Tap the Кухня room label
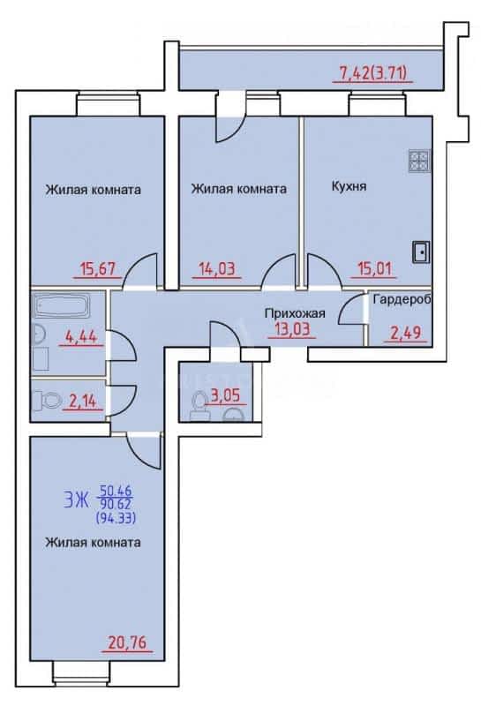point(349,186)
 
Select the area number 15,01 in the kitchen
point(374,269)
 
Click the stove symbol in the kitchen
point(419,161)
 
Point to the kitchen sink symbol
point(421,252)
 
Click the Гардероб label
point(402,299)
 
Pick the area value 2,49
point(404,333)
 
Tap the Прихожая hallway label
point(295,313)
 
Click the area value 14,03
point(217,269)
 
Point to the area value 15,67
point(97,269)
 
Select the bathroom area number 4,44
point(81,336)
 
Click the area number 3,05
point(225,395)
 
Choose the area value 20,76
point(127,642)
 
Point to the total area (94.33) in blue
point(116,519)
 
